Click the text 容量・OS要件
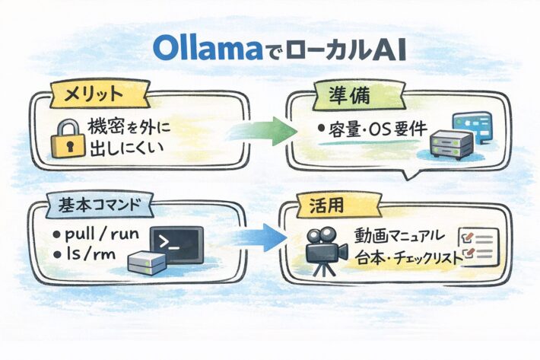(373, 127)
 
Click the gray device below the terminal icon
(147, 263)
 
